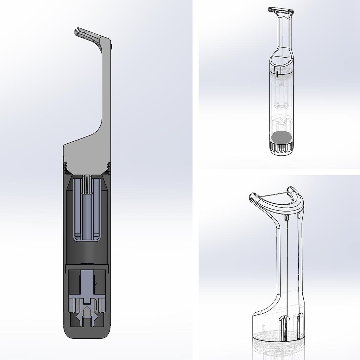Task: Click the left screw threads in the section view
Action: pyautogui.click(x=65, y=167)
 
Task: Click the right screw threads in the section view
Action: pyautogui.click(x=108, y=167)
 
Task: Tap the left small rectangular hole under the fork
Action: pyautogui.click(x=285, y=217)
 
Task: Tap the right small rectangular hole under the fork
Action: pyautogui.click(x=299, y=215)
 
